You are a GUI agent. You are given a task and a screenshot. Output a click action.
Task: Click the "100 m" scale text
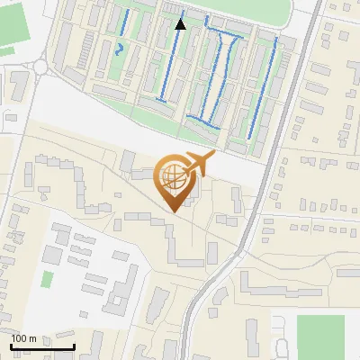point(23,338)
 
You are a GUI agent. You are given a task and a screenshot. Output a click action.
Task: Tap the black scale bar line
point(42,346)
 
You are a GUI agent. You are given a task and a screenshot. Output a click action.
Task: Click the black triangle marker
point(181,24)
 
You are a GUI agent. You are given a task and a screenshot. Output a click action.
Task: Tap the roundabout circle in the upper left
point(40,66)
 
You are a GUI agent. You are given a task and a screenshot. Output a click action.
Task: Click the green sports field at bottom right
point(320,337)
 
